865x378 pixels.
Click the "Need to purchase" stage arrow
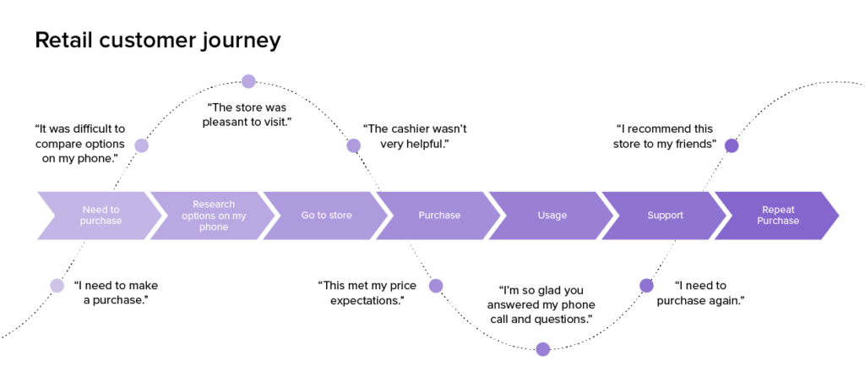[100, 216]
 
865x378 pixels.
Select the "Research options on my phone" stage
[213, 216]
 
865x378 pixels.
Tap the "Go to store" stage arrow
[325, 216]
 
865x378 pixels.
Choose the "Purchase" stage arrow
[438, 216]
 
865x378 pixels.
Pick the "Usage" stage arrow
[551, 216]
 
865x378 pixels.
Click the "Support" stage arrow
[664, 216]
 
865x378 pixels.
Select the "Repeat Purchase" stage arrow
[777, 216]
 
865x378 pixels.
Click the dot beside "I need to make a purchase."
[57, 286]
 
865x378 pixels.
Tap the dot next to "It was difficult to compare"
[142, 145]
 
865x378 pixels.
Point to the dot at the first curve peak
[249, 81]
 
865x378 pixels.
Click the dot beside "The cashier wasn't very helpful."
[354, 145]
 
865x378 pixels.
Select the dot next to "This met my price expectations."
[436, 286]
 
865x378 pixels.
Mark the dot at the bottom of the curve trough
[543, 349]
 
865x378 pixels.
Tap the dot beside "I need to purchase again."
[646, 286]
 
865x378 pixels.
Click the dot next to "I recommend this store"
[732, 145]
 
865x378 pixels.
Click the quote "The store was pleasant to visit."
[247, 114]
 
